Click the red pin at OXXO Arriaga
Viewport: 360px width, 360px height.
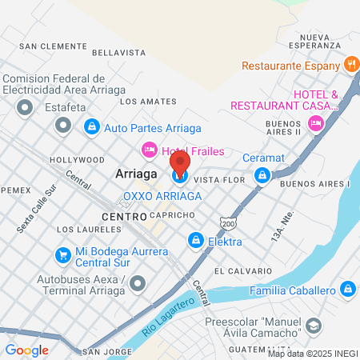click(x=180, y=163)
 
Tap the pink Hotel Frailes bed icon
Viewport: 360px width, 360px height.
click(x=148, y=150)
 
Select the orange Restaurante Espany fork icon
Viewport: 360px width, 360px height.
click(x=350, y=64)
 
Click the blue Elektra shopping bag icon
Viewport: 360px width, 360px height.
click(x=195, y=239)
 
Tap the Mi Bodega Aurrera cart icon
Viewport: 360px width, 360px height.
click(x=62, y=255)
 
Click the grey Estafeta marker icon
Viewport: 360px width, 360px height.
click(x=62, y=125)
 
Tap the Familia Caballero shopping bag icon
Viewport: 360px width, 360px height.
click(x=346, y=289)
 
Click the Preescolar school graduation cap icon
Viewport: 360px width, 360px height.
click(x=314, y=326)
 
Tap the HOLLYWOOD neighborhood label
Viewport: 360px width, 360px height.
click(x=77, y=160)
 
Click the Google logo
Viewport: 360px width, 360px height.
click(x=26, y=350)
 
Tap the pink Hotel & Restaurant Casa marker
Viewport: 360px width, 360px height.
click(x=315, y=122)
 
